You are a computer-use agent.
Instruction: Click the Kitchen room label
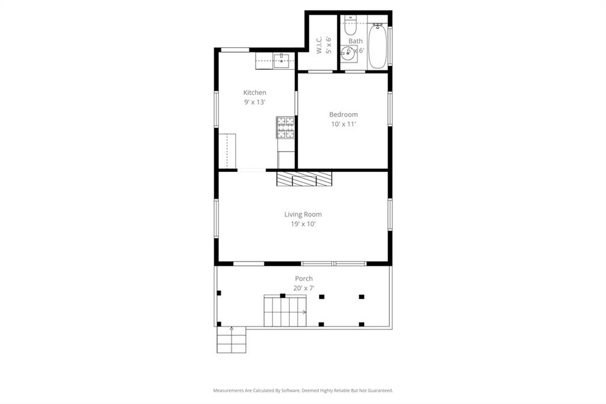[x=254, y=92]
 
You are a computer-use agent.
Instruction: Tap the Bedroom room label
[x=343, y=114]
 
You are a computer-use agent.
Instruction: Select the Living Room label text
[x=302, y=214]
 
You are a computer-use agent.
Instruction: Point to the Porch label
[x=304, y=278]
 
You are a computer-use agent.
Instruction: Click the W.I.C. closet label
[x=319, y=45]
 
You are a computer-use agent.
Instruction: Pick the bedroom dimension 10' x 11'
[x=343, y=124]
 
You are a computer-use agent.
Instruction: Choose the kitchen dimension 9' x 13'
[x=254, y=102]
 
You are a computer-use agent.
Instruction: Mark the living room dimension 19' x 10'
[x=302, y=224]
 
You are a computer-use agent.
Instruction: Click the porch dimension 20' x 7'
[x=304, y=288]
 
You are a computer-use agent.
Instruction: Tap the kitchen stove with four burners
[x=285, y=127]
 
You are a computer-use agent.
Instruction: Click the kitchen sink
[x=281, y=60]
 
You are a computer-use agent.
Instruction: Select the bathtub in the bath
[x=378, y=46]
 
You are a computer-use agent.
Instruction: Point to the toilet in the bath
[x=349, y=27]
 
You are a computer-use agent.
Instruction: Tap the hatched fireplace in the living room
[x=304, y=179]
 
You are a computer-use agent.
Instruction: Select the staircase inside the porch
[x=285, y=311]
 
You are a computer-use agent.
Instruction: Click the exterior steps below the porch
[x=231, y=340]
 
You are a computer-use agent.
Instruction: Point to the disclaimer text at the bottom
[x=303, y=391]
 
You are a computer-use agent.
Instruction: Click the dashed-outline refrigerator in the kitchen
[x=227, y=151]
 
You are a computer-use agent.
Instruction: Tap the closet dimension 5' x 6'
[x=328, y=45]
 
